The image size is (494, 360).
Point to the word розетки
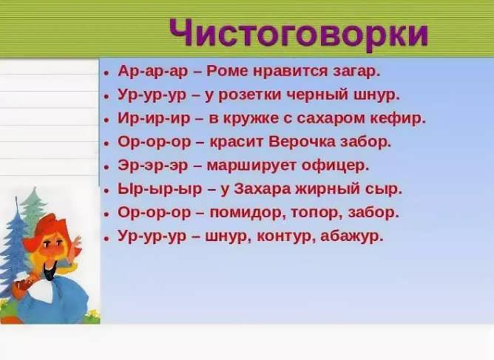pyautogui.click(x=249, y=95)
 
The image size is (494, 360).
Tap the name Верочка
pyautogui.click(x=302, y=142)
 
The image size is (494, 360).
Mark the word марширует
pyautogui.click(x=251, y=166)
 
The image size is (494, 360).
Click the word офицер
pyautogui.click(x=335, y=166)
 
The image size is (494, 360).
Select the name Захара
pyautogui.click(x=262, y=189)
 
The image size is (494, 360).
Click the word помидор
pyautogui.click(x=248, y=213)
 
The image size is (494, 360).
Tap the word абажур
pyautogui.click(x=352, y=237)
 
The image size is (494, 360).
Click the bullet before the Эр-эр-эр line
pyautogui.click(x=106, y=167)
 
